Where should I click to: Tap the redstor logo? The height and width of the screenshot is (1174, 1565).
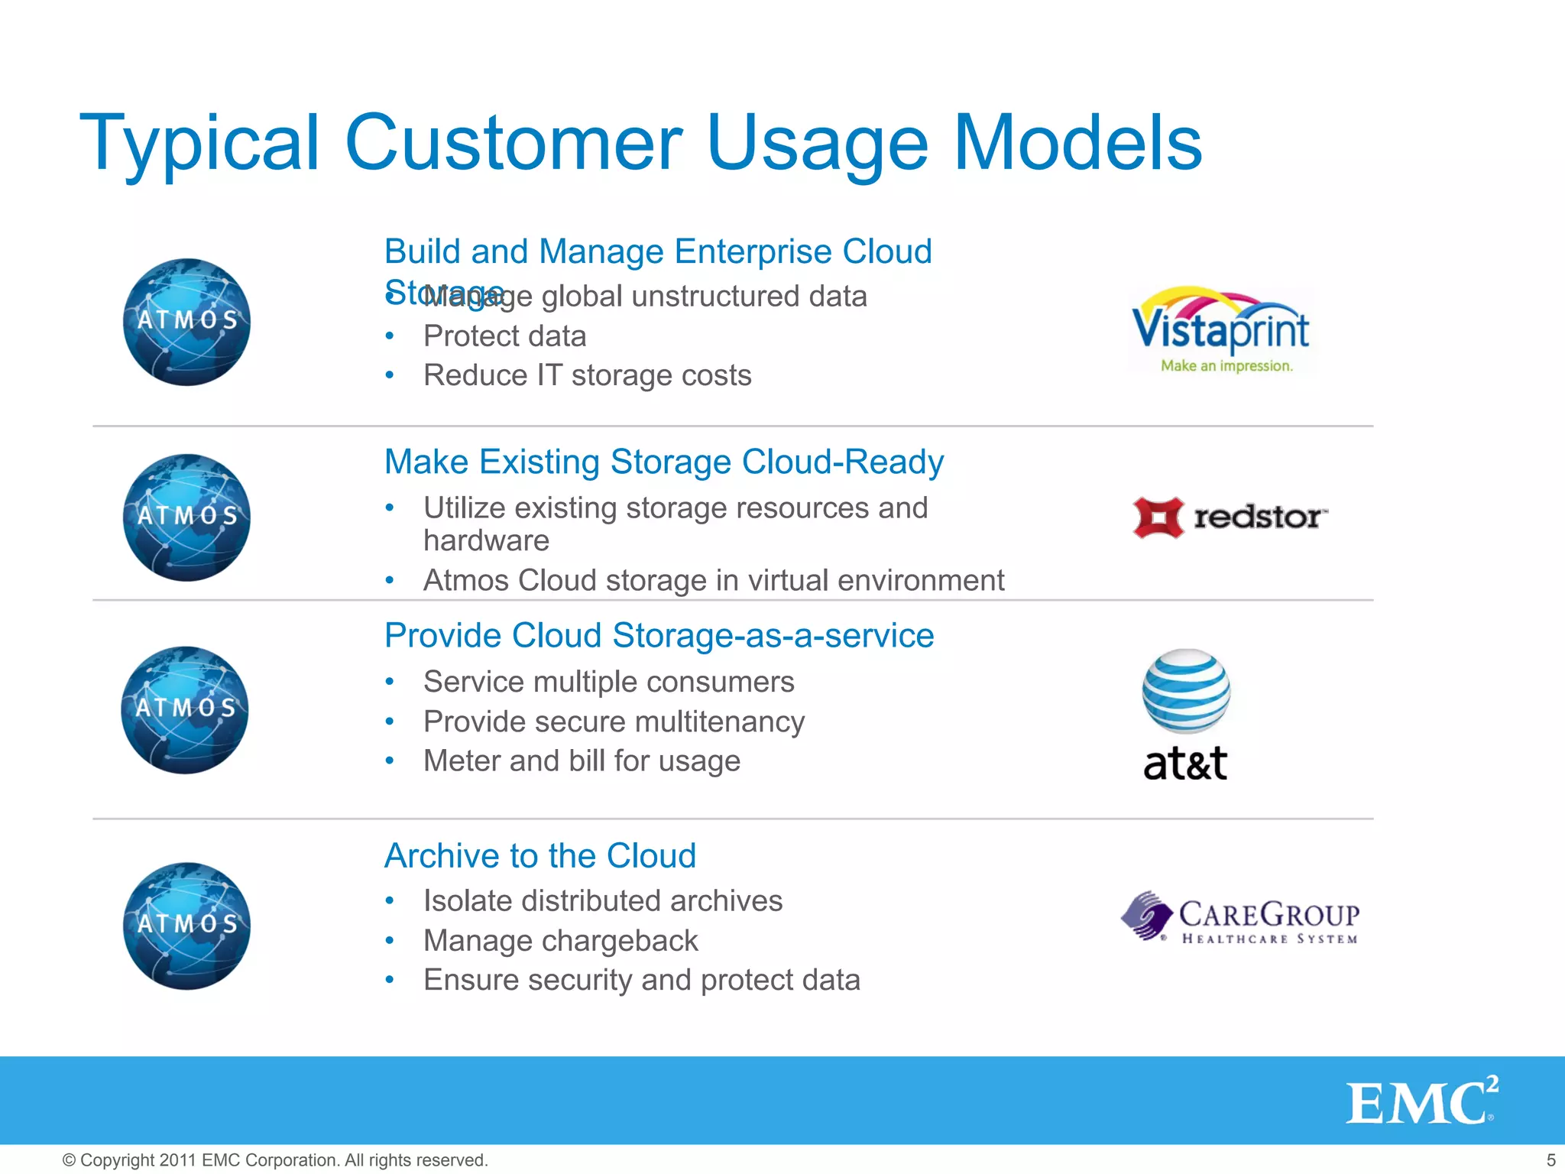(x=1230, y=517)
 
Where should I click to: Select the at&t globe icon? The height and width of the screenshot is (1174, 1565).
(x=1186, y=690)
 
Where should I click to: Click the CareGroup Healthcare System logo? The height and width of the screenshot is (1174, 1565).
(x=1239, y=918)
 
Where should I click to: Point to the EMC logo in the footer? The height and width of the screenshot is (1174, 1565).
(x=1421, y=1101)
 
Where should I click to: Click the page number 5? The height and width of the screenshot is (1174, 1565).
(x=1550, y=1160)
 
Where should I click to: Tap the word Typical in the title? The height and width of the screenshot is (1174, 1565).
(x=199, y=143)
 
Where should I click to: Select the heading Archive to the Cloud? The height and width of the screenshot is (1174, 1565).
(x=540, y=855)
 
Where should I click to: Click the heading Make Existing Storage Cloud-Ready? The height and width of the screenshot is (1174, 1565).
(x=663, y=462)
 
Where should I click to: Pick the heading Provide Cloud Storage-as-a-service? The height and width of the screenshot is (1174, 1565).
(x=659, y=635)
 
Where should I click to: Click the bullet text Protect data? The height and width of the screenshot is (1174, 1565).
(x=504, y=336)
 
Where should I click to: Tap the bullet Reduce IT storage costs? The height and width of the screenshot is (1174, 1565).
(x=587, y=375)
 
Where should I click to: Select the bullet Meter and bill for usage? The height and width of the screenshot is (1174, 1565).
(x=582, y=761)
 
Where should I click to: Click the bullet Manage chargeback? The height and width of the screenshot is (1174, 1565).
(x=560, y=941)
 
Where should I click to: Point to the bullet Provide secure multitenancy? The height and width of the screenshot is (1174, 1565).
(x=614, y=722)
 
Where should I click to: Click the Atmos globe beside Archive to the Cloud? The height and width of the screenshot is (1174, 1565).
(x=186, y=926)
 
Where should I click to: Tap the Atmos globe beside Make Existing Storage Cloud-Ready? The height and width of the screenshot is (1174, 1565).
(x=186, y=517)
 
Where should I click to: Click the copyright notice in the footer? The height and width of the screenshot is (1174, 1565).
(x=275, y=1160)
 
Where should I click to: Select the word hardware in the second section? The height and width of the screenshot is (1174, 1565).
(x=486, y=541)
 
